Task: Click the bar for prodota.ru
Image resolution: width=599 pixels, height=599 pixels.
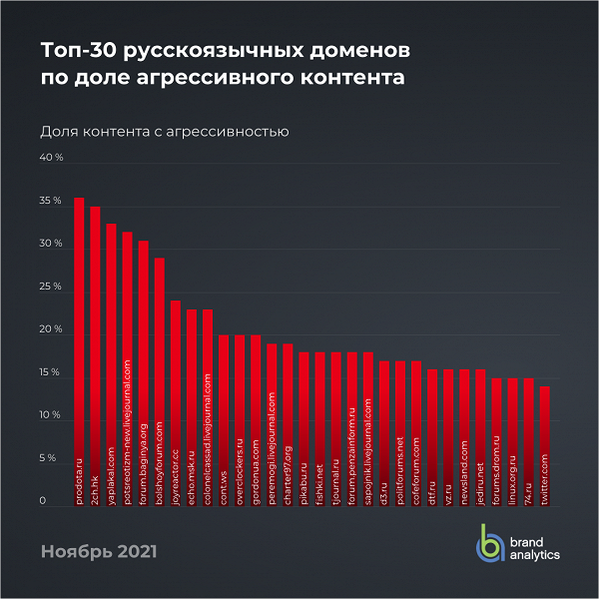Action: click(79, 349)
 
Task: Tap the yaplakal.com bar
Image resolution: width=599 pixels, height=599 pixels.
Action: click(111, 364)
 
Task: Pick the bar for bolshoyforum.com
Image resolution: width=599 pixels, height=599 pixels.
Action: click(159, 379)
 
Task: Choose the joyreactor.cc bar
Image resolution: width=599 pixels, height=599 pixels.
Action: click(175, 399)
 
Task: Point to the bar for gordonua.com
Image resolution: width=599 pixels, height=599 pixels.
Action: click(256, 419)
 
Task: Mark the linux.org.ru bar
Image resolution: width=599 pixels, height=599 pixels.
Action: click(512, 439)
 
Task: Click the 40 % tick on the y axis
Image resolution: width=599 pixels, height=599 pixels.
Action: click(51, 158)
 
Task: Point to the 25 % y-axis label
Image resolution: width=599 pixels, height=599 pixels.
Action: click(51, 287)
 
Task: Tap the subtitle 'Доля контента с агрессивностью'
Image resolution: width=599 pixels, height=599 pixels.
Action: click(165, 131)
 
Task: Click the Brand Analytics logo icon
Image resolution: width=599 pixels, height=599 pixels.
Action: click(489, 542)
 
